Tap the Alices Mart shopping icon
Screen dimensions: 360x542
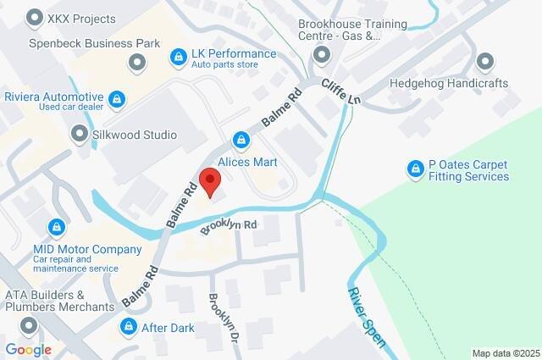(242, 139)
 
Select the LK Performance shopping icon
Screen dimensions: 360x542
(178, 57)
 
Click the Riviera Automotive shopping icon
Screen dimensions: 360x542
(118, 98)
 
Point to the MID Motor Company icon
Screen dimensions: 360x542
(56, 227)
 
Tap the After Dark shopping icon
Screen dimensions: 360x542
(129, 327)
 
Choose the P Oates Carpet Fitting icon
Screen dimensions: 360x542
(415, 170)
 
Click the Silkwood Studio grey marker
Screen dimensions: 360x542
(80, 134)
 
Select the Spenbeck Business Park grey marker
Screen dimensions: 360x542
(137, 62)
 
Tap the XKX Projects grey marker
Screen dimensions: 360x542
(36, 16)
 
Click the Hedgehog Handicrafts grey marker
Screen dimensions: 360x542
(484, 62)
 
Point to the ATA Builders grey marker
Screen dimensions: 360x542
(30, 325)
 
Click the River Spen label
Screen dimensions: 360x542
(366, 317)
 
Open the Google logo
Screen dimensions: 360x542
(28, 349)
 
